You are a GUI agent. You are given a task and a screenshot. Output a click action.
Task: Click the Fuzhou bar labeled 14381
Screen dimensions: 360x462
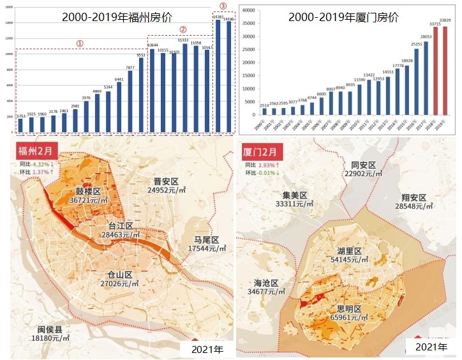point(218,77)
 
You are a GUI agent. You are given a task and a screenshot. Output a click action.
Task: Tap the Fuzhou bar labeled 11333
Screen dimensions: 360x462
point(184,89)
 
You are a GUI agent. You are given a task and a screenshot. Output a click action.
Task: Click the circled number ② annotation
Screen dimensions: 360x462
point(183,29)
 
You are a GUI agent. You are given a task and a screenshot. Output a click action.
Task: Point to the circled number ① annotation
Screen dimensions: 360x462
point(80,43)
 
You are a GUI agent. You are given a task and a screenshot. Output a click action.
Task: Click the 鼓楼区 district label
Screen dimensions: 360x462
point(89,191)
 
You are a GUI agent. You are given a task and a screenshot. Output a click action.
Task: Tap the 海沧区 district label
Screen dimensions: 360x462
point(266,283)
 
